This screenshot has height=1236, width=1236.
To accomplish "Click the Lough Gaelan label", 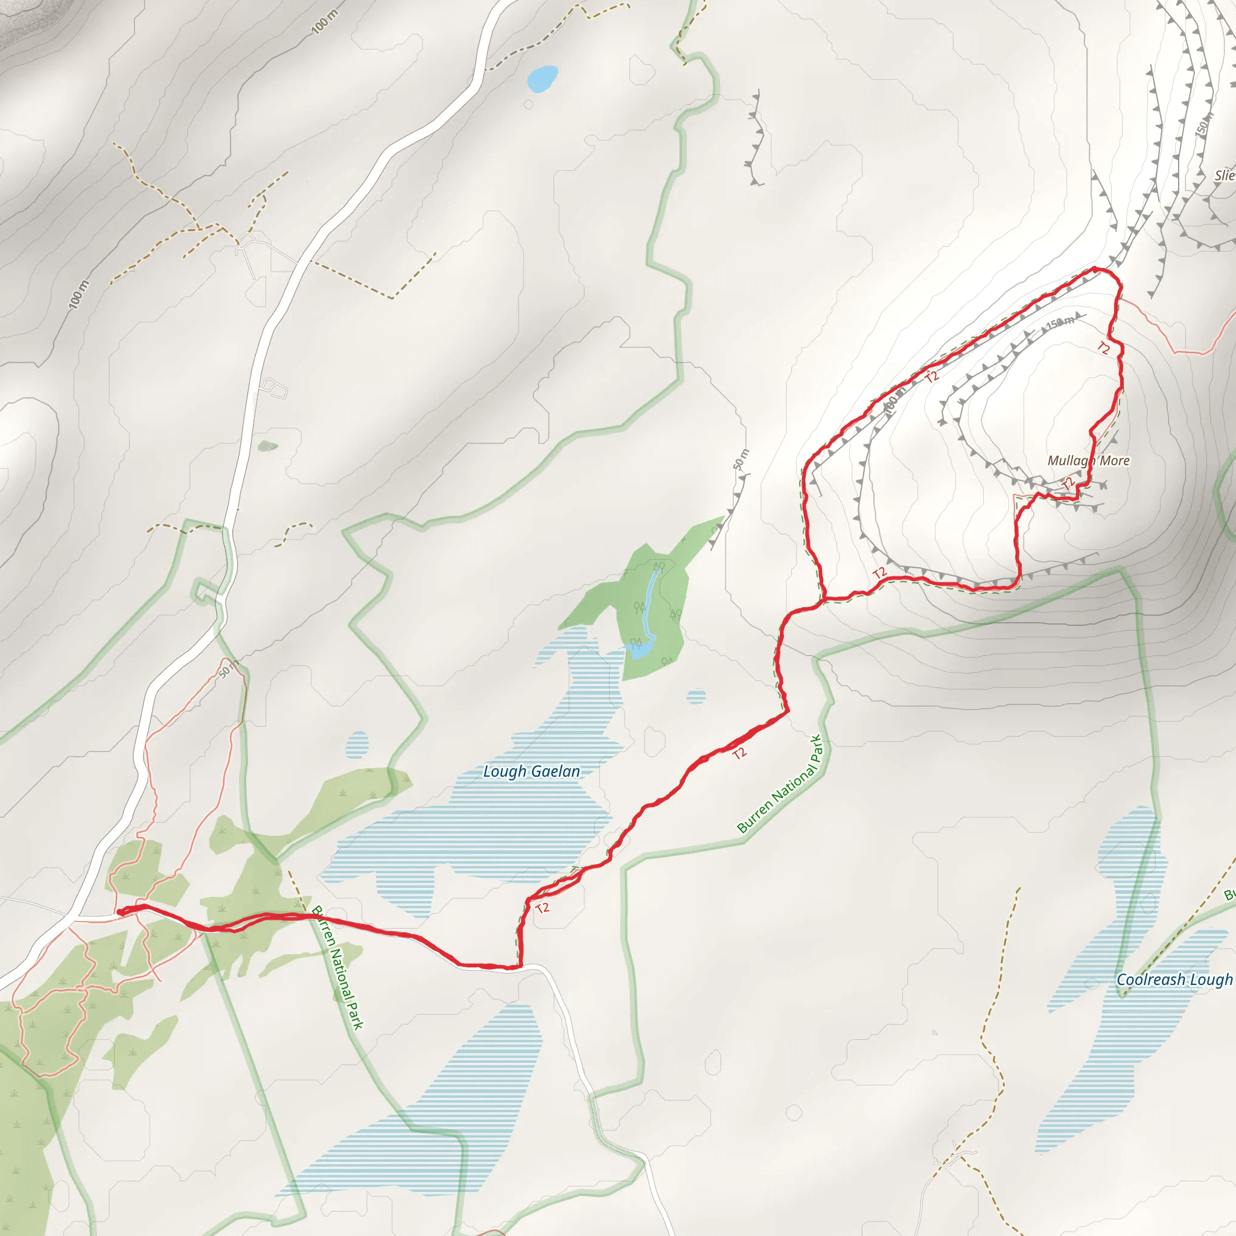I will point(531,771).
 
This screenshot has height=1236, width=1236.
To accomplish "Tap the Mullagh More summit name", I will point(1088,460).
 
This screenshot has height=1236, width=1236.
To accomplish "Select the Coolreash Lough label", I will point(1174,980).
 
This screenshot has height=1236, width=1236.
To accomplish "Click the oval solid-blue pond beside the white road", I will point(543,79).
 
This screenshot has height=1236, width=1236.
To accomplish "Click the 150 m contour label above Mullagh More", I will point(1059,323).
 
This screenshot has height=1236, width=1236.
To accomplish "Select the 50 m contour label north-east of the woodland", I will point(741,459).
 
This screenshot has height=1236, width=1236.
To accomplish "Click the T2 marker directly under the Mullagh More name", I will point(1068,483).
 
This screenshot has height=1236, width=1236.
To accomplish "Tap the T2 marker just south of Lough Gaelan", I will point(543,908).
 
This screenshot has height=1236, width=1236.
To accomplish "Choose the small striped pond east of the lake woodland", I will point(696,696).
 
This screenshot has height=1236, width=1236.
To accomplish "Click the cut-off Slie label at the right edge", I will point(1225,175).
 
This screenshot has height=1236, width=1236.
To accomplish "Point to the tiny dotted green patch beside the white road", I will point(268,446).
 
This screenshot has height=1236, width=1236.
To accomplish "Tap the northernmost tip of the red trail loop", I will point(1095,269).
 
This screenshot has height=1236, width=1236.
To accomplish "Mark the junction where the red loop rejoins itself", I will point(824,600).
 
